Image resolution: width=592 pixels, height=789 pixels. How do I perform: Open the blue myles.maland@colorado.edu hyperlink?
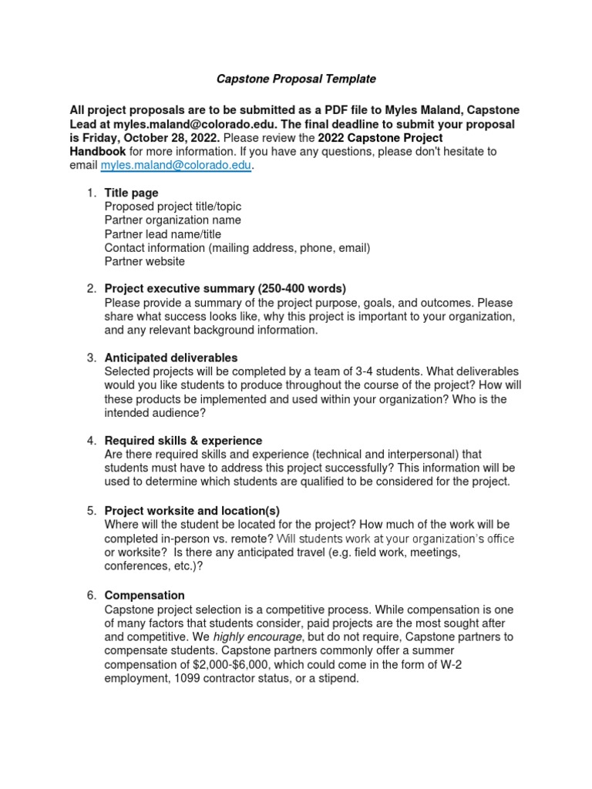click(x=176, y=165)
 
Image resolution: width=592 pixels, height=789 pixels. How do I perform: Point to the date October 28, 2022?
click(x=151, y=137)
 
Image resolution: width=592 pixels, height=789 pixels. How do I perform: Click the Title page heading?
click(x=131, y=193)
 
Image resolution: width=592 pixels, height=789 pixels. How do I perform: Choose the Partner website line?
click(x=144, y=262)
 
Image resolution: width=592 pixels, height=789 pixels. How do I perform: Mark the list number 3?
click(x=91, y=358)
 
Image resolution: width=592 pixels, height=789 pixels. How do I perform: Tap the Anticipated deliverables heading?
click(x=170, y=358)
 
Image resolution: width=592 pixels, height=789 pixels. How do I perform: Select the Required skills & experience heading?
click(x=183, y=441)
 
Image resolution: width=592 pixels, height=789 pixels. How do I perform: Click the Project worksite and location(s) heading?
click(x=191, y=511)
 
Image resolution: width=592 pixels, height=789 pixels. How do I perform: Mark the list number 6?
click(x=91, y=596)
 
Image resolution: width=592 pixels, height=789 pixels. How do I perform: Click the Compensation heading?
click(x=144, y=596)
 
